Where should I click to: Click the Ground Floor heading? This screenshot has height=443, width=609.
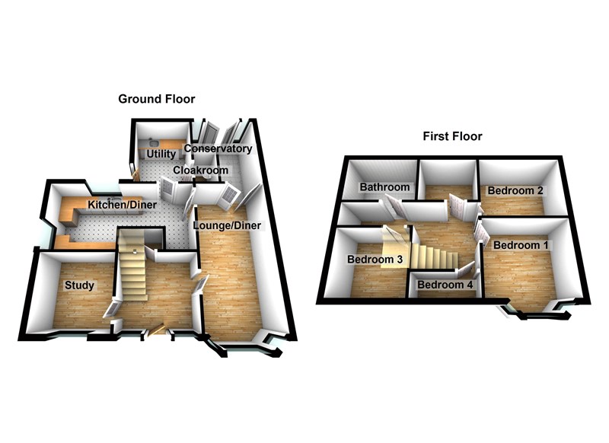(156, 99)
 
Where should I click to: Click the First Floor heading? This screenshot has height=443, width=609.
(452, 136)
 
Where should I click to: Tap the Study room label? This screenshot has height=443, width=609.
(79, 285)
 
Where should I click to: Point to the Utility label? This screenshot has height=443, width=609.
(161, 155)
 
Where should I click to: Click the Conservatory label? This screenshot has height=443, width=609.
(218, 148)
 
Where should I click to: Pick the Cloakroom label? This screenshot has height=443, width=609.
(200, 171)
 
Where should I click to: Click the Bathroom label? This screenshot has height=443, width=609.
(385, 187)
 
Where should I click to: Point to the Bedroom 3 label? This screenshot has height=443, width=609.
(375, 259)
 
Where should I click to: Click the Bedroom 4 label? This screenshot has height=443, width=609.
(445, 285)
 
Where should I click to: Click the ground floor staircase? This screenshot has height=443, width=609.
(131, 266)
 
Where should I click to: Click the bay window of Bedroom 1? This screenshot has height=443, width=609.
(533, 311)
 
